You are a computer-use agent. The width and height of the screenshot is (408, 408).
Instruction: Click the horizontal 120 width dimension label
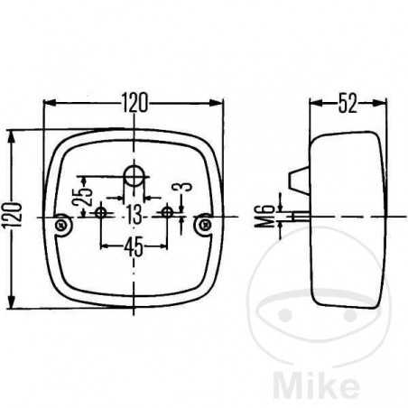tap(134, 103)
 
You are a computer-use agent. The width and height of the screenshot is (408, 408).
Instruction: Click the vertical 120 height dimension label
tap(13, 216)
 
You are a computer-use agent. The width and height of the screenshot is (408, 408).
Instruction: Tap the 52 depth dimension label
tap(348, 103)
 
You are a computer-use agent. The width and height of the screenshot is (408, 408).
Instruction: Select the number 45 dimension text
tap(134, 246)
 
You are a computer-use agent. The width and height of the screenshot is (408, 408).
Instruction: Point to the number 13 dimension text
tap(134, 215)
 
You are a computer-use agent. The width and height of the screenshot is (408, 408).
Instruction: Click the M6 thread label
tap(264, 216)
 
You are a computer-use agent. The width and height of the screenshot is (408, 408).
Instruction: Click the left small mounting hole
tap(100, 213)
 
